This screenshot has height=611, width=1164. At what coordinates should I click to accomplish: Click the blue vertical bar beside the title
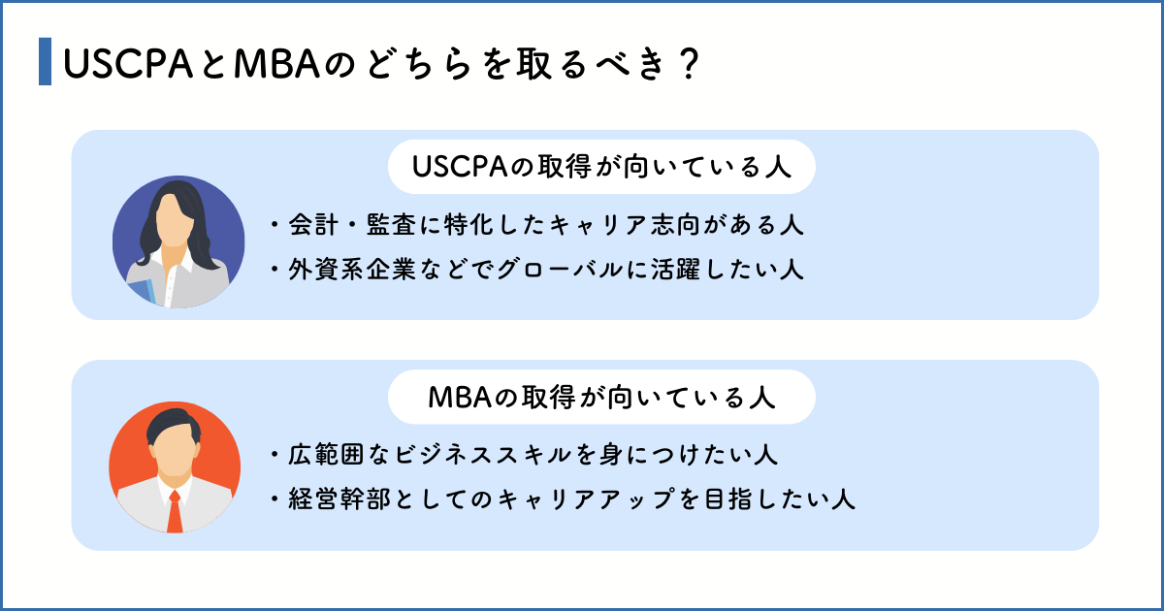tap(46, 61)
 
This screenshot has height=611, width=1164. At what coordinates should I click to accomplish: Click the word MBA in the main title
tap(277, 64)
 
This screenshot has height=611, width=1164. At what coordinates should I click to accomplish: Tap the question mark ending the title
tap(689, 64)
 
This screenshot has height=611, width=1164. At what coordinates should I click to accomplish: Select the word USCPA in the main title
tap(128, 64)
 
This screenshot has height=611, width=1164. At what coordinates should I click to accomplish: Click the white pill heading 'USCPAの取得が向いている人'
tap(601, 167)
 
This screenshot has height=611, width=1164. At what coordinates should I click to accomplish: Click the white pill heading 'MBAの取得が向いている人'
tap(601, 397)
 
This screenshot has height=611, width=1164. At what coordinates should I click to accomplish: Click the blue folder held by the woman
tap(142, 290)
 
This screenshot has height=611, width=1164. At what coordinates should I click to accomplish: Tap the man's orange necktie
tap(175, 511)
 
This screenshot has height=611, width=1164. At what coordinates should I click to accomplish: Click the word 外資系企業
tap(352, 270)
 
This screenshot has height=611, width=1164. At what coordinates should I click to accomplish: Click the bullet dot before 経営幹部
tap(274, 499)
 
